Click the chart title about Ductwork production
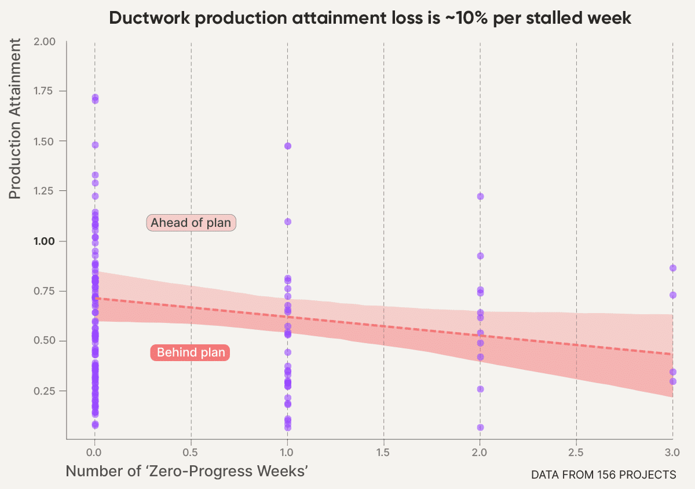[x=370, y=18]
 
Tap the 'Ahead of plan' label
[x=191, y=223]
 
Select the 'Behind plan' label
[x=191, y=352]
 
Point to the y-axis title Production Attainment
[x=15, y=119]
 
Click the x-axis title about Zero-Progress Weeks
[x=186, y=471]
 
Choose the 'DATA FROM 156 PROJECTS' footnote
[x=603, y=475]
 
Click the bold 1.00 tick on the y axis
[x=44, y=241]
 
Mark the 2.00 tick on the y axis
[x=44, y=42]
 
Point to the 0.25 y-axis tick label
[x=44, y=391]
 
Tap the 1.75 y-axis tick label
[x=44, y=91]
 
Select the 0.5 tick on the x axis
[x=191, y=451]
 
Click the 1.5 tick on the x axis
[x=383, y=451]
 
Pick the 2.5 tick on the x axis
[x=576, y=451]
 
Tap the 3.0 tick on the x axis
[x=672, y=451]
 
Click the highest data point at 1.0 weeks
[x=288, y=146]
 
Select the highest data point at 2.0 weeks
[x=480, y=196]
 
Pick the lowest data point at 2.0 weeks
[x=480, y=427]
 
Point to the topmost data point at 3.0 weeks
[x=672, y=268]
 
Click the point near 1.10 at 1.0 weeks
[x=288, y=222]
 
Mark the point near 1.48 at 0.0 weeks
[x=95, y=145]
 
